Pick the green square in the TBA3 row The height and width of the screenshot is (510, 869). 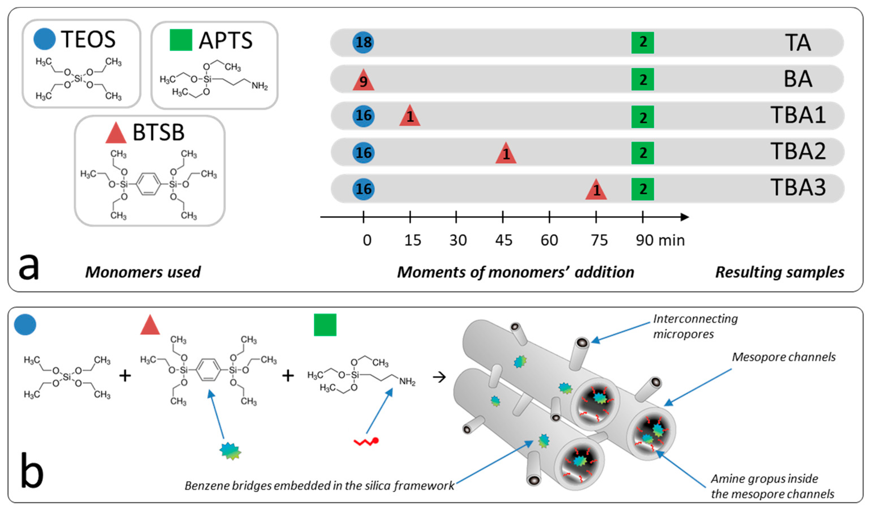pyautogui.click(x=643, y=189)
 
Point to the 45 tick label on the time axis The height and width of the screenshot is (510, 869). pyautogui.click(x=503, y=240)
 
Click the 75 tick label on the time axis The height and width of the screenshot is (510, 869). pyautogui.click(x=599, y=240)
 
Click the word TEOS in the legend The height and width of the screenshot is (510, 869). pyautogui.click(x=88, y=39)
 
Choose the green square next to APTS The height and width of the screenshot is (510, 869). pyautogui.click(x=181, y=40)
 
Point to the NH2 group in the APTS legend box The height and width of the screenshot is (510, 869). pyautogui.click(x=259, y=86)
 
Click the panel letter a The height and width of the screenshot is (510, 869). pyautogui.click(x=29, y=266)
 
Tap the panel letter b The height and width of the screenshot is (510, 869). pyautogui.click(x=32, y=471)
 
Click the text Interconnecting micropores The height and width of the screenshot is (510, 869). pyautogui.click(x=695, y=326)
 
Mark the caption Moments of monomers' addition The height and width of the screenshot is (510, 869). pyautogui.click(x=515, y=272)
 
